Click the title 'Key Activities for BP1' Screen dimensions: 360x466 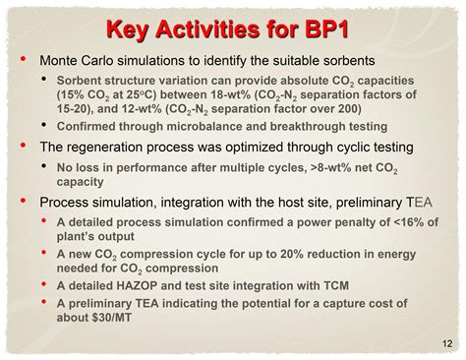click(x=232, y=28)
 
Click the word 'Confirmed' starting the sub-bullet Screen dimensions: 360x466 click(x=90, y=127)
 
